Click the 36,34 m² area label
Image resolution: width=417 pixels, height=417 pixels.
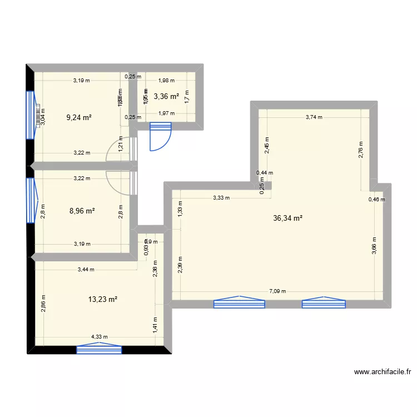tap(287, 219)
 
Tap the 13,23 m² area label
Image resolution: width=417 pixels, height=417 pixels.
tap(103, 300)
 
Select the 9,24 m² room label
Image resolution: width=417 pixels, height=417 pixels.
tap(78, 117)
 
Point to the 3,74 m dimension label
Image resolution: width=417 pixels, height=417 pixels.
tap(314, 117)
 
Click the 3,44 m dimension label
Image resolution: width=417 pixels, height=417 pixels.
tap(86, 270)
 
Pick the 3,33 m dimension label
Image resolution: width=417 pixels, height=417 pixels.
tap(221, 197)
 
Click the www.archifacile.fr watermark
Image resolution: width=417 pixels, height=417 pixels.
tap(381, 372)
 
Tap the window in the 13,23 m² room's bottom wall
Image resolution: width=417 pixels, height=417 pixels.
tap(99, 349)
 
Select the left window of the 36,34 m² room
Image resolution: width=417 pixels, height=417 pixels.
tap(239, 303)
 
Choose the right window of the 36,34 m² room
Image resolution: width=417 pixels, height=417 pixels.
tap(324, 303)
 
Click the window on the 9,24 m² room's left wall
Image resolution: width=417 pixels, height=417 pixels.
tap(30, 115)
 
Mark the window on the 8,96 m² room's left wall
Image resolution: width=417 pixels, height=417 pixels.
tap(30, 200)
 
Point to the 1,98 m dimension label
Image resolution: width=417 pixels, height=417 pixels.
tap(167, 80)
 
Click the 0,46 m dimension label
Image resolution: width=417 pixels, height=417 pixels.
tap(376, 199)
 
